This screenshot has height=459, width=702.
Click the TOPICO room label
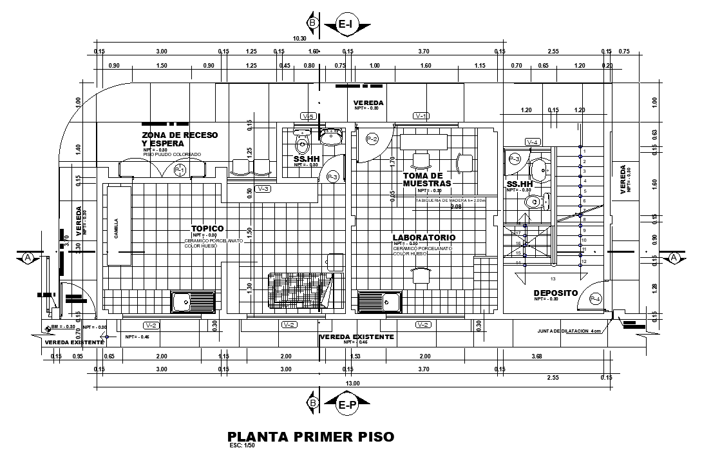click(x=207, y=228)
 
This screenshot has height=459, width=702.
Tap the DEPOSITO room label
click(x=555, y=293)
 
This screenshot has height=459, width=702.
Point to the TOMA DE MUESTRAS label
click(x=422, y=179)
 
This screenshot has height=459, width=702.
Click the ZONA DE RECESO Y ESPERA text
click(x=180, y=139)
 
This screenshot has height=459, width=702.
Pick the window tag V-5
click(x=307, y=116)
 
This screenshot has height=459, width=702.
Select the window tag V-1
click(x=421, y=116)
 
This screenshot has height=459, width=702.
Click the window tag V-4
click(x=532, y=142)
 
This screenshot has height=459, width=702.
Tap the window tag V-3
click(x=263, y=189)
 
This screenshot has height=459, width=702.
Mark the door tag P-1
click(x=180, y=170)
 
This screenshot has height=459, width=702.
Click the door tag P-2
click(x=372, y=139)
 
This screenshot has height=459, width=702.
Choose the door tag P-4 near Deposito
click(x=596, y=299)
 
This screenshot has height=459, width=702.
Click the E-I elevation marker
click(x=346, y=24)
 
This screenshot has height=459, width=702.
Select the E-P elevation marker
click(x=346, y=405)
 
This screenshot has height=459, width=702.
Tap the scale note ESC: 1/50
click(x=243, y=445)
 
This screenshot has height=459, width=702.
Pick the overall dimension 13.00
click(x=353, y=384)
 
